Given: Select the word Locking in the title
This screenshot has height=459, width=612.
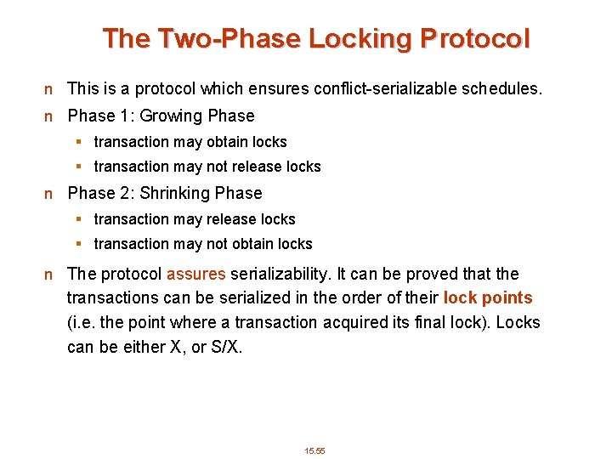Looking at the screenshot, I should (x=360, y=38).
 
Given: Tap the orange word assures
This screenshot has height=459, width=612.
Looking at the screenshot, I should (x=196, y=275).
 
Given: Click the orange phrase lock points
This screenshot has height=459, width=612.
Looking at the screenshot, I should (x=488, y=298).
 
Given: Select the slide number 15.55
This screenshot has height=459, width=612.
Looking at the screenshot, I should (x=315, y=450).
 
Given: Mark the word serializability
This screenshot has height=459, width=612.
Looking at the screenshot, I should (x=280, y=275).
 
